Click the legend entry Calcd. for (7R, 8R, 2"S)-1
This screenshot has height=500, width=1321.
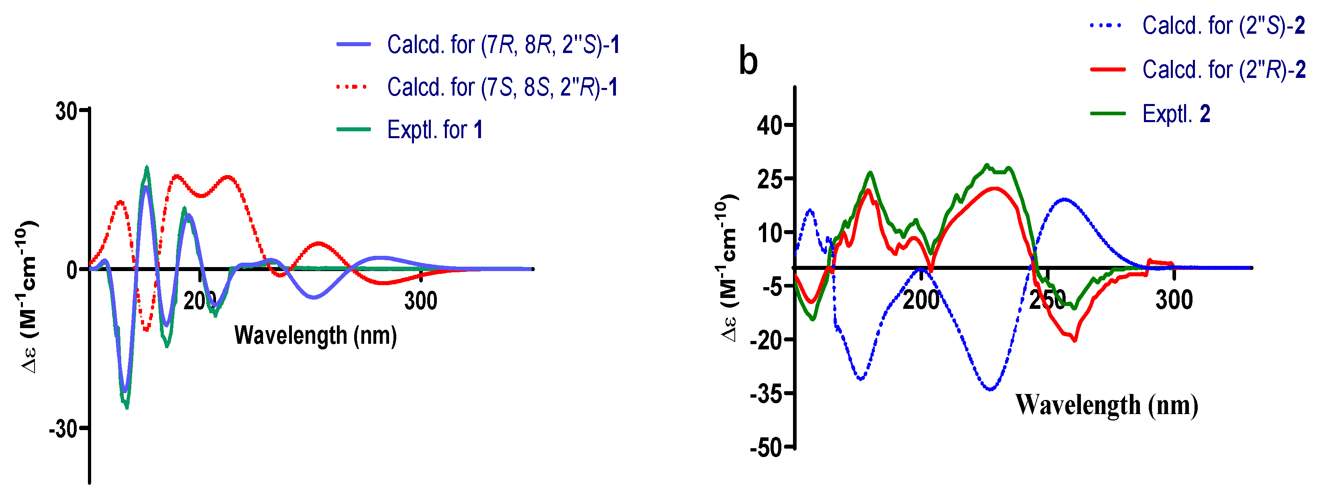503,45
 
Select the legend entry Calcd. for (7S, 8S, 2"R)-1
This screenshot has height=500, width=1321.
501,87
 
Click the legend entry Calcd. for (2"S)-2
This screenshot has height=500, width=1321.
1223,26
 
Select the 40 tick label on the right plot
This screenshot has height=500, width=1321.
769,126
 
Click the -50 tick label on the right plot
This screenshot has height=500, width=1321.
765,448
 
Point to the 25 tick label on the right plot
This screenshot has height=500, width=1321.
769,180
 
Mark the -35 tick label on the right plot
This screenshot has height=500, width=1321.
765,394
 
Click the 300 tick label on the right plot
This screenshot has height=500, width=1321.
1174,300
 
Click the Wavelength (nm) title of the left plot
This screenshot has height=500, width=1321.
315,335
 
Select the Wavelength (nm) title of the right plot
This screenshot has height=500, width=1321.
1107,405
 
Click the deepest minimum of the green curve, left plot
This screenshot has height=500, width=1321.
126,407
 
